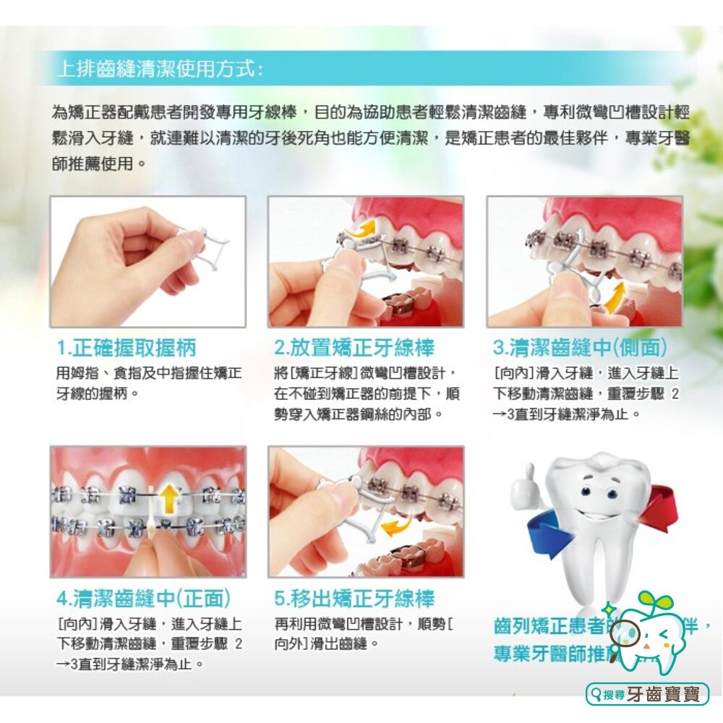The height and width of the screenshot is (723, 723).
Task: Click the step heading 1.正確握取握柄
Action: pyautogui.click(x=127, y=348)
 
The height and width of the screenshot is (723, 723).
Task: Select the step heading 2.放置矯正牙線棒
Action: pyautogui.click(x=355, y=348)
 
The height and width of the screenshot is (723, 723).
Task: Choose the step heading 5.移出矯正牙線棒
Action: pyautogui.click(x=355, y=599)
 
